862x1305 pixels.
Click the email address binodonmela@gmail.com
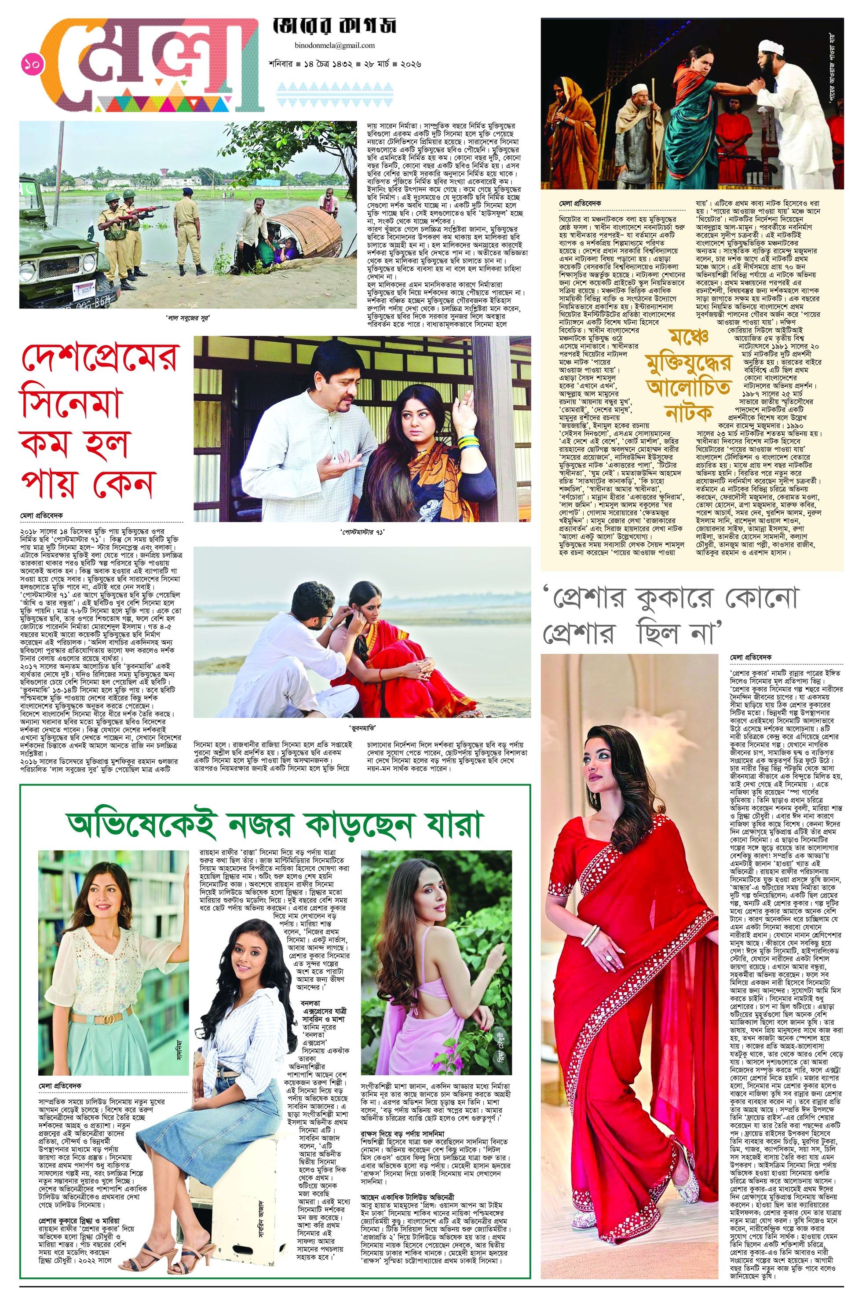[334, 46]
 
